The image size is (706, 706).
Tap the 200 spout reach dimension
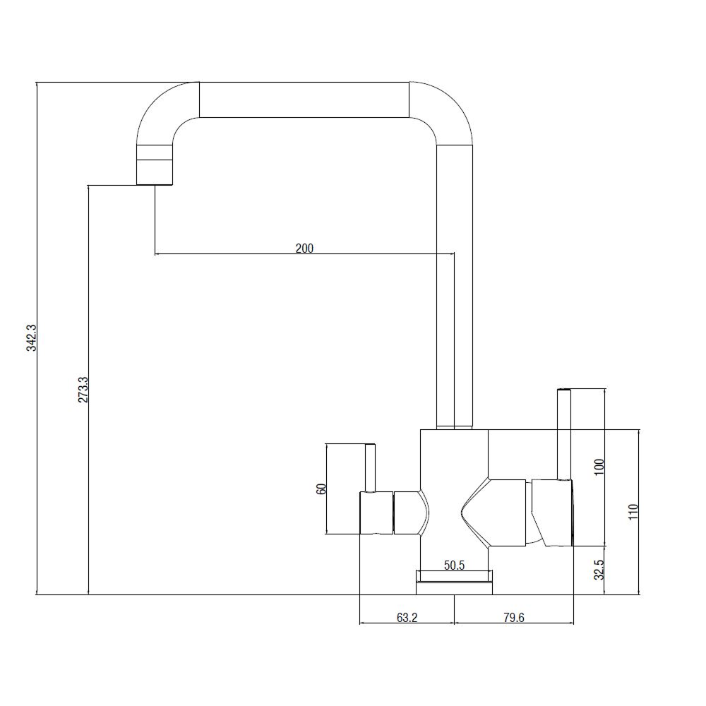304,248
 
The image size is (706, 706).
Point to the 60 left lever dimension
321,489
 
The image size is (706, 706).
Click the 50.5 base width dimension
454,565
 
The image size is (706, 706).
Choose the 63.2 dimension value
407,617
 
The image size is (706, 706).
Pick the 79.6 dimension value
514,617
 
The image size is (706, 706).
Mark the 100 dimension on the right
599,468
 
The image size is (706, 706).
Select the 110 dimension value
633,512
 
